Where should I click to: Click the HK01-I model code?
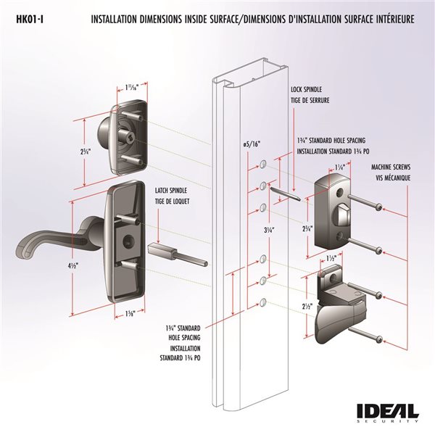29,20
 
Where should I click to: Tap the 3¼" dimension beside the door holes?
249,230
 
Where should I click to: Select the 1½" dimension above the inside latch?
331,257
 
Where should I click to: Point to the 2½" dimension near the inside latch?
307,306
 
